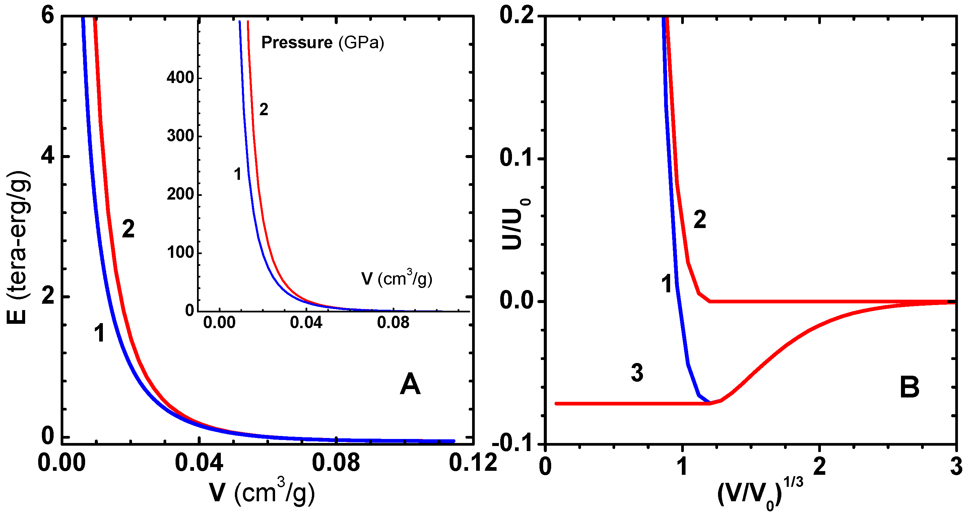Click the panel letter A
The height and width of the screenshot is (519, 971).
point(410,384)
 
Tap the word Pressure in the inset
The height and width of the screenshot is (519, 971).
point(297,42)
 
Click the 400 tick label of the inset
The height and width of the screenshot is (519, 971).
point(180,78)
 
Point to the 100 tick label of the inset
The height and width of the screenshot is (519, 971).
point(180,252)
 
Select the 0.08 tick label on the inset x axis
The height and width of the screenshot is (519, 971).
point(393,323)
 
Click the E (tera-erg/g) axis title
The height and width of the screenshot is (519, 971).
point(18,247)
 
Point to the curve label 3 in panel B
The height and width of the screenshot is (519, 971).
point(637,373)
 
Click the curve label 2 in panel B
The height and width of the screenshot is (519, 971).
point(700,220)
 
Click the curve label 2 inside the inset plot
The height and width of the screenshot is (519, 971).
point(263,109)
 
